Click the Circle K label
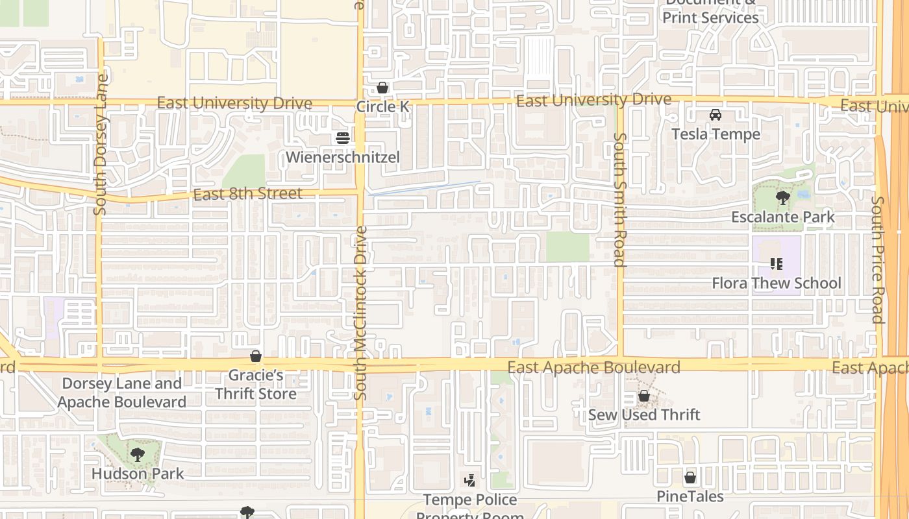[x=383, y=106]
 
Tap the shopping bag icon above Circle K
[x=382, y=88]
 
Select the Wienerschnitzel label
[x=342, y=157]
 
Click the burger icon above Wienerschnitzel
[x=342, y=138]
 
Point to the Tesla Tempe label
[x=716, y=134]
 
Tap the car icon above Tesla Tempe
[x=716, y=115]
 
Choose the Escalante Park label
[x=783, y=217]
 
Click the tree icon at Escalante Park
[x=783, y=197]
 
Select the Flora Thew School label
[x=777, y=283]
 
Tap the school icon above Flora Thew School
[x=776, y=264]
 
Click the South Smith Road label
[x=619, y=200]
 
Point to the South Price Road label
[x=877, y=259]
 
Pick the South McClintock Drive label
[x=361, y=313]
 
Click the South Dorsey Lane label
[x=101, y=144]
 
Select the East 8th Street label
[x=247, y=194]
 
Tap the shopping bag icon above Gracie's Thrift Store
[x=256, y=357]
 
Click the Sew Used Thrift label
[x=644, y=415]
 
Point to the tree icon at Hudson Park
[x=137, y=454]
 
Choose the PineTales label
[x=690, y=497]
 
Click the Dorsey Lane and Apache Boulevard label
[x=123, y=392]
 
